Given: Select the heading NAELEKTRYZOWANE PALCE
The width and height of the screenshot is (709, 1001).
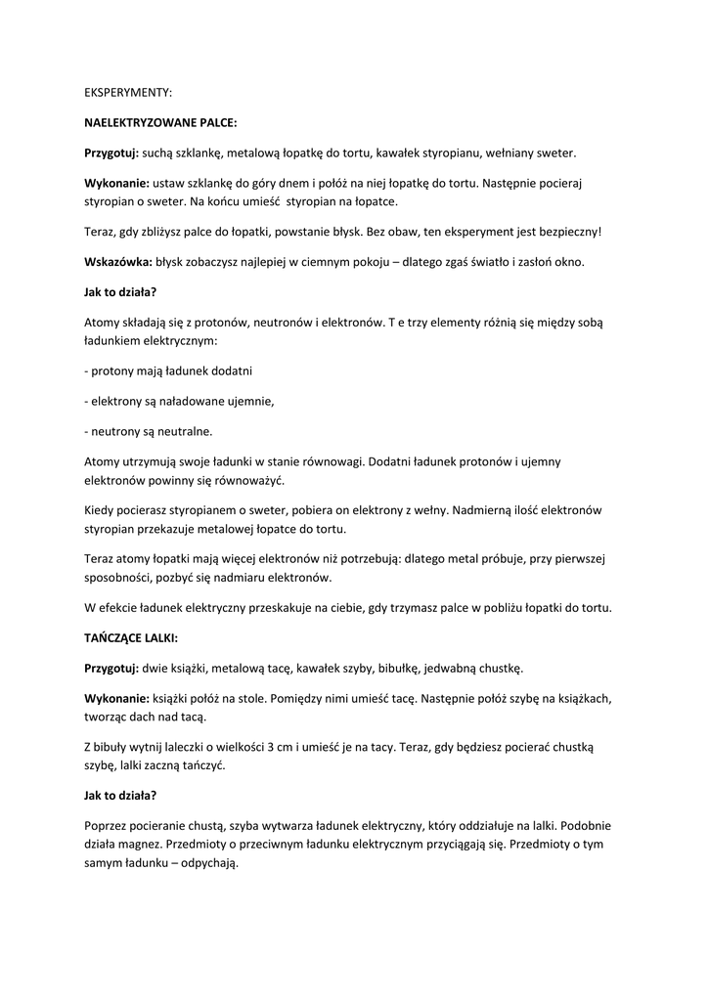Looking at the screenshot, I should click(160, 123).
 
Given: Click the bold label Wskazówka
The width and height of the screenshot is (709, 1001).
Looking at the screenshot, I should click(118, 262).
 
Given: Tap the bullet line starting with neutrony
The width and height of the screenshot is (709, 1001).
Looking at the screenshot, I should click(148, 430).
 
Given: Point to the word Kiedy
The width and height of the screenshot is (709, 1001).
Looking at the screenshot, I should click(101, 510).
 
